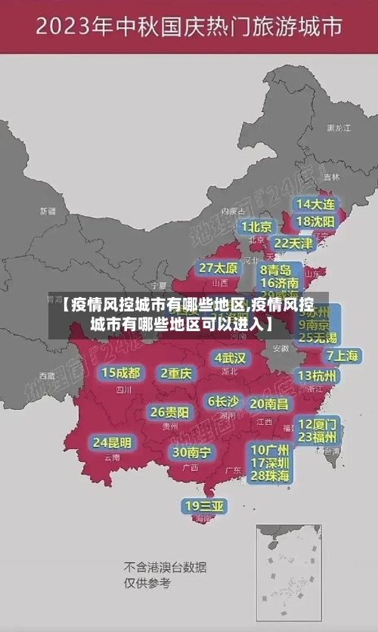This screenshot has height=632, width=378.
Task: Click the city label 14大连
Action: pyautogui.click(x=316, y=205)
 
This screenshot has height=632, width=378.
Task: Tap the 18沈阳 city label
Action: pyautogui.click(x=316, y=222)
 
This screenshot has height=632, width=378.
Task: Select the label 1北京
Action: pyautogui.click(x=257, y=226)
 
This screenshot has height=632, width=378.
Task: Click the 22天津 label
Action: pyautogui.click(x=293, y=243)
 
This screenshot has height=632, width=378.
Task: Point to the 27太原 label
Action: pyautogui.click(x=218, y=268)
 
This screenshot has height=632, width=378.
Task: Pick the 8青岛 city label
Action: pyautogui.click(x=276, y=269)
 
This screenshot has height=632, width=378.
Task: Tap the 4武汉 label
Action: pyautogui.click(x=230, y=357)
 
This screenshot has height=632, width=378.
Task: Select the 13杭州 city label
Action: pyautogui.click(x=318, y=376)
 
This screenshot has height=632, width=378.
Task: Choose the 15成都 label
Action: pyautogui.click(x=121, y=372)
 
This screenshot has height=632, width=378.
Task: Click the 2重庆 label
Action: pyautogui.click(x=176, y=373)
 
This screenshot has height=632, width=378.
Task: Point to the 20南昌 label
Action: pyautogui.click(x=268, y=404)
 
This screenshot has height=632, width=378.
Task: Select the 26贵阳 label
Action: pyautogui.click(x=169, y=412)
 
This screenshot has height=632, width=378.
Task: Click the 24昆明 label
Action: pyautogui.click(x=112, y=441)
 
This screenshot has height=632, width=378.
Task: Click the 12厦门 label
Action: pyautogui.click(x=318, y=423)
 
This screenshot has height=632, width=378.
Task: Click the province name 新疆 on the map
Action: pyautogui.click(x=48, y=211)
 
